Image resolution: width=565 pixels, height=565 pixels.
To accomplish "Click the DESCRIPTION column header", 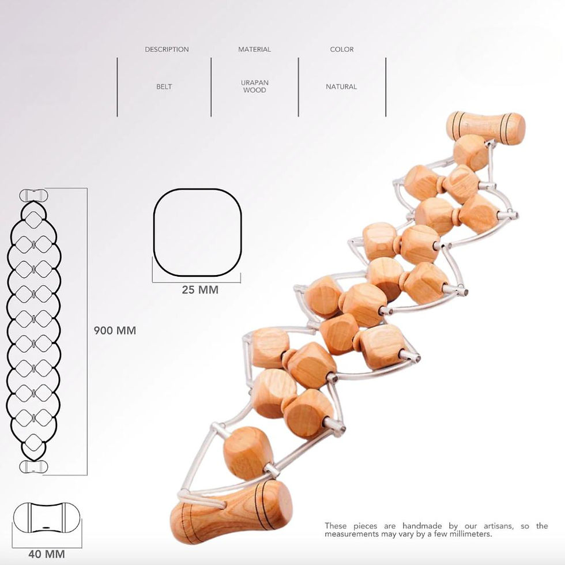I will click(167, 50).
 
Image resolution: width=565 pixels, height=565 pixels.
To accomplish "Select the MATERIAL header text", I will click(254, 50).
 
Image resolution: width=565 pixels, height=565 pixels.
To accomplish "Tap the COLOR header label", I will click(342, 50).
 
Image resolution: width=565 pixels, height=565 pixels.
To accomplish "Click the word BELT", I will click(164, 86).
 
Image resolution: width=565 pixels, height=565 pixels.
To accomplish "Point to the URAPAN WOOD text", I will click(254, 86).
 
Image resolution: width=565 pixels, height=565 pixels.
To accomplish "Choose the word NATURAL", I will click(341, 86).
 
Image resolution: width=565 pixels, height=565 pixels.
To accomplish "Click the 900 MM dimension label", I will click(115, 331).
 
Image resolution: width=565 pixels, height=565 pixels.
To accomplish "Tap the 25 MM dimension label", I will click(200, 290).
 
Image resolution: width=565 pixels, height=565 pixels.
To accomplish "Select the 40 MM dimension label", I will click(47, 555).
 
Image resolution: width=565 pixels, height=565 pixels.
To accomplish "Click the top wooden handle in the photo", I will click(485, 126).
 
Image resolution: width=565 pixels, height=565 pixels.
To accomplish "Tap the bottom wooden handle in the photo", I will click(231, 511).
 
